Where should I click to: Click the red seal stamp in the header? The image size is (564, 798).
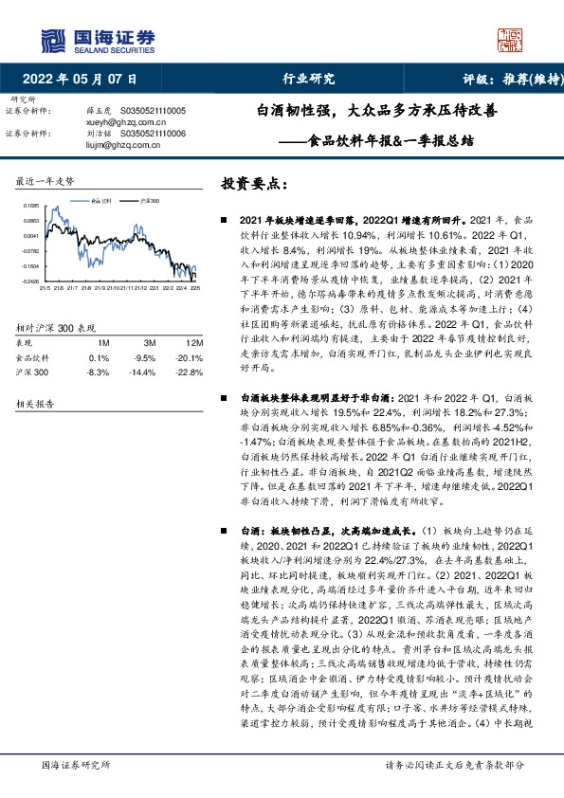click(511, 40)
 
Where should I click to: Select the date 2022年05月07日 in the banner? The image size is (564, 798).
click(85, 79)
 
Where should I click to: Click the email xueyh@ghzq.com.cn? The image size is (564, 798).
click(118, 122)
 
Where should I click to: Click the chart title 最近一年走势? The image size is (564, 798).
click(45, 180)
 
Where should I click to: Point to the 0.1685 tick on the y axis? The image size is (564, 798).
click(31, 205)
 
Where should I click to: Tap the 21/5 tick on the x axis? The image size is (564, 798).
click(46, 288)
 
